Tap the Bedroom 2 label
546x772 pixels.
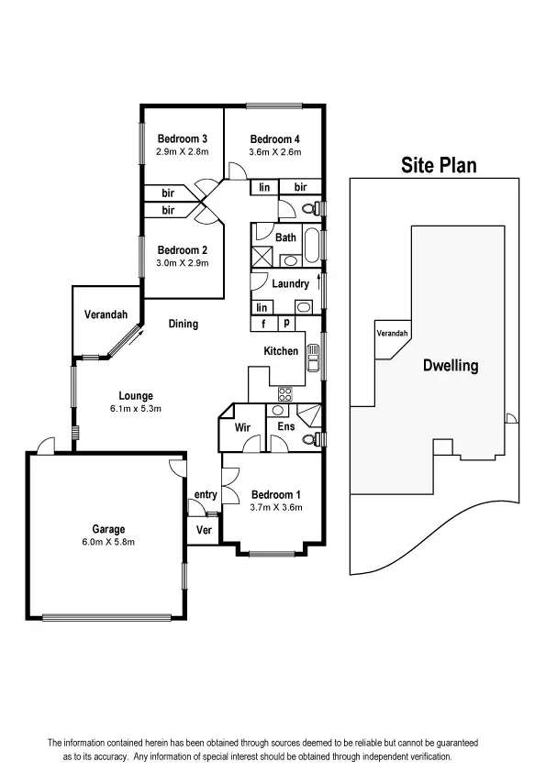pyautogui.click(x=182, y=250)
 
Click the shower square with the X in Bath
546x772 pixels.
pyautogui.click(x=262, y=258)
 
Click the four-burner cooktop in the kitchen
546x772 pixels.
pyautogui.click(x=284, y=394)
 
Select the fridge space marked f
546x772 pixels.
pyautogui.click(x=263, y=324)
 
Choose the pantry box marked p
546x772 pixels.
pyautogui.click(x=285, y=324)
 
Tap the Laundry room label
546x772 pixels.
pyautogui.click(x=290, y=284)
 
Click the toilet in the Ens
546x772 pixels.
pyautogui.click(x=308, y=439)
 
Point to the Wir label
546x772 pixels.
pyautogui.click(x=242, y=427)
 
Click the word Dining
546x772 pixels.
pyautogui.click(x=183, y=324)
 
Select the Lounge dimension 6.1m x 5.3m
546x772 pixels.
pyautogui.click(x=135, y=408)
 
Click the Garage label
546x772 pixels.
pyautogui.click(x=108, y=529)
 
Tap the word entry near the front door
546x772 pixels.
pyautogui.click(x=206, y=495)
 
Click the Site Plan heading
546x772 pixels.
pyautogui.click(x=439, y=165)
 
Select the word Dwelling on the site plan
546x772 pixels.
pyautogui.click(x=450, y=365)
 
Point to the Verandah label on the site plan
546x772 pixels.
pyautogui.click(x=392, y=333)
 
